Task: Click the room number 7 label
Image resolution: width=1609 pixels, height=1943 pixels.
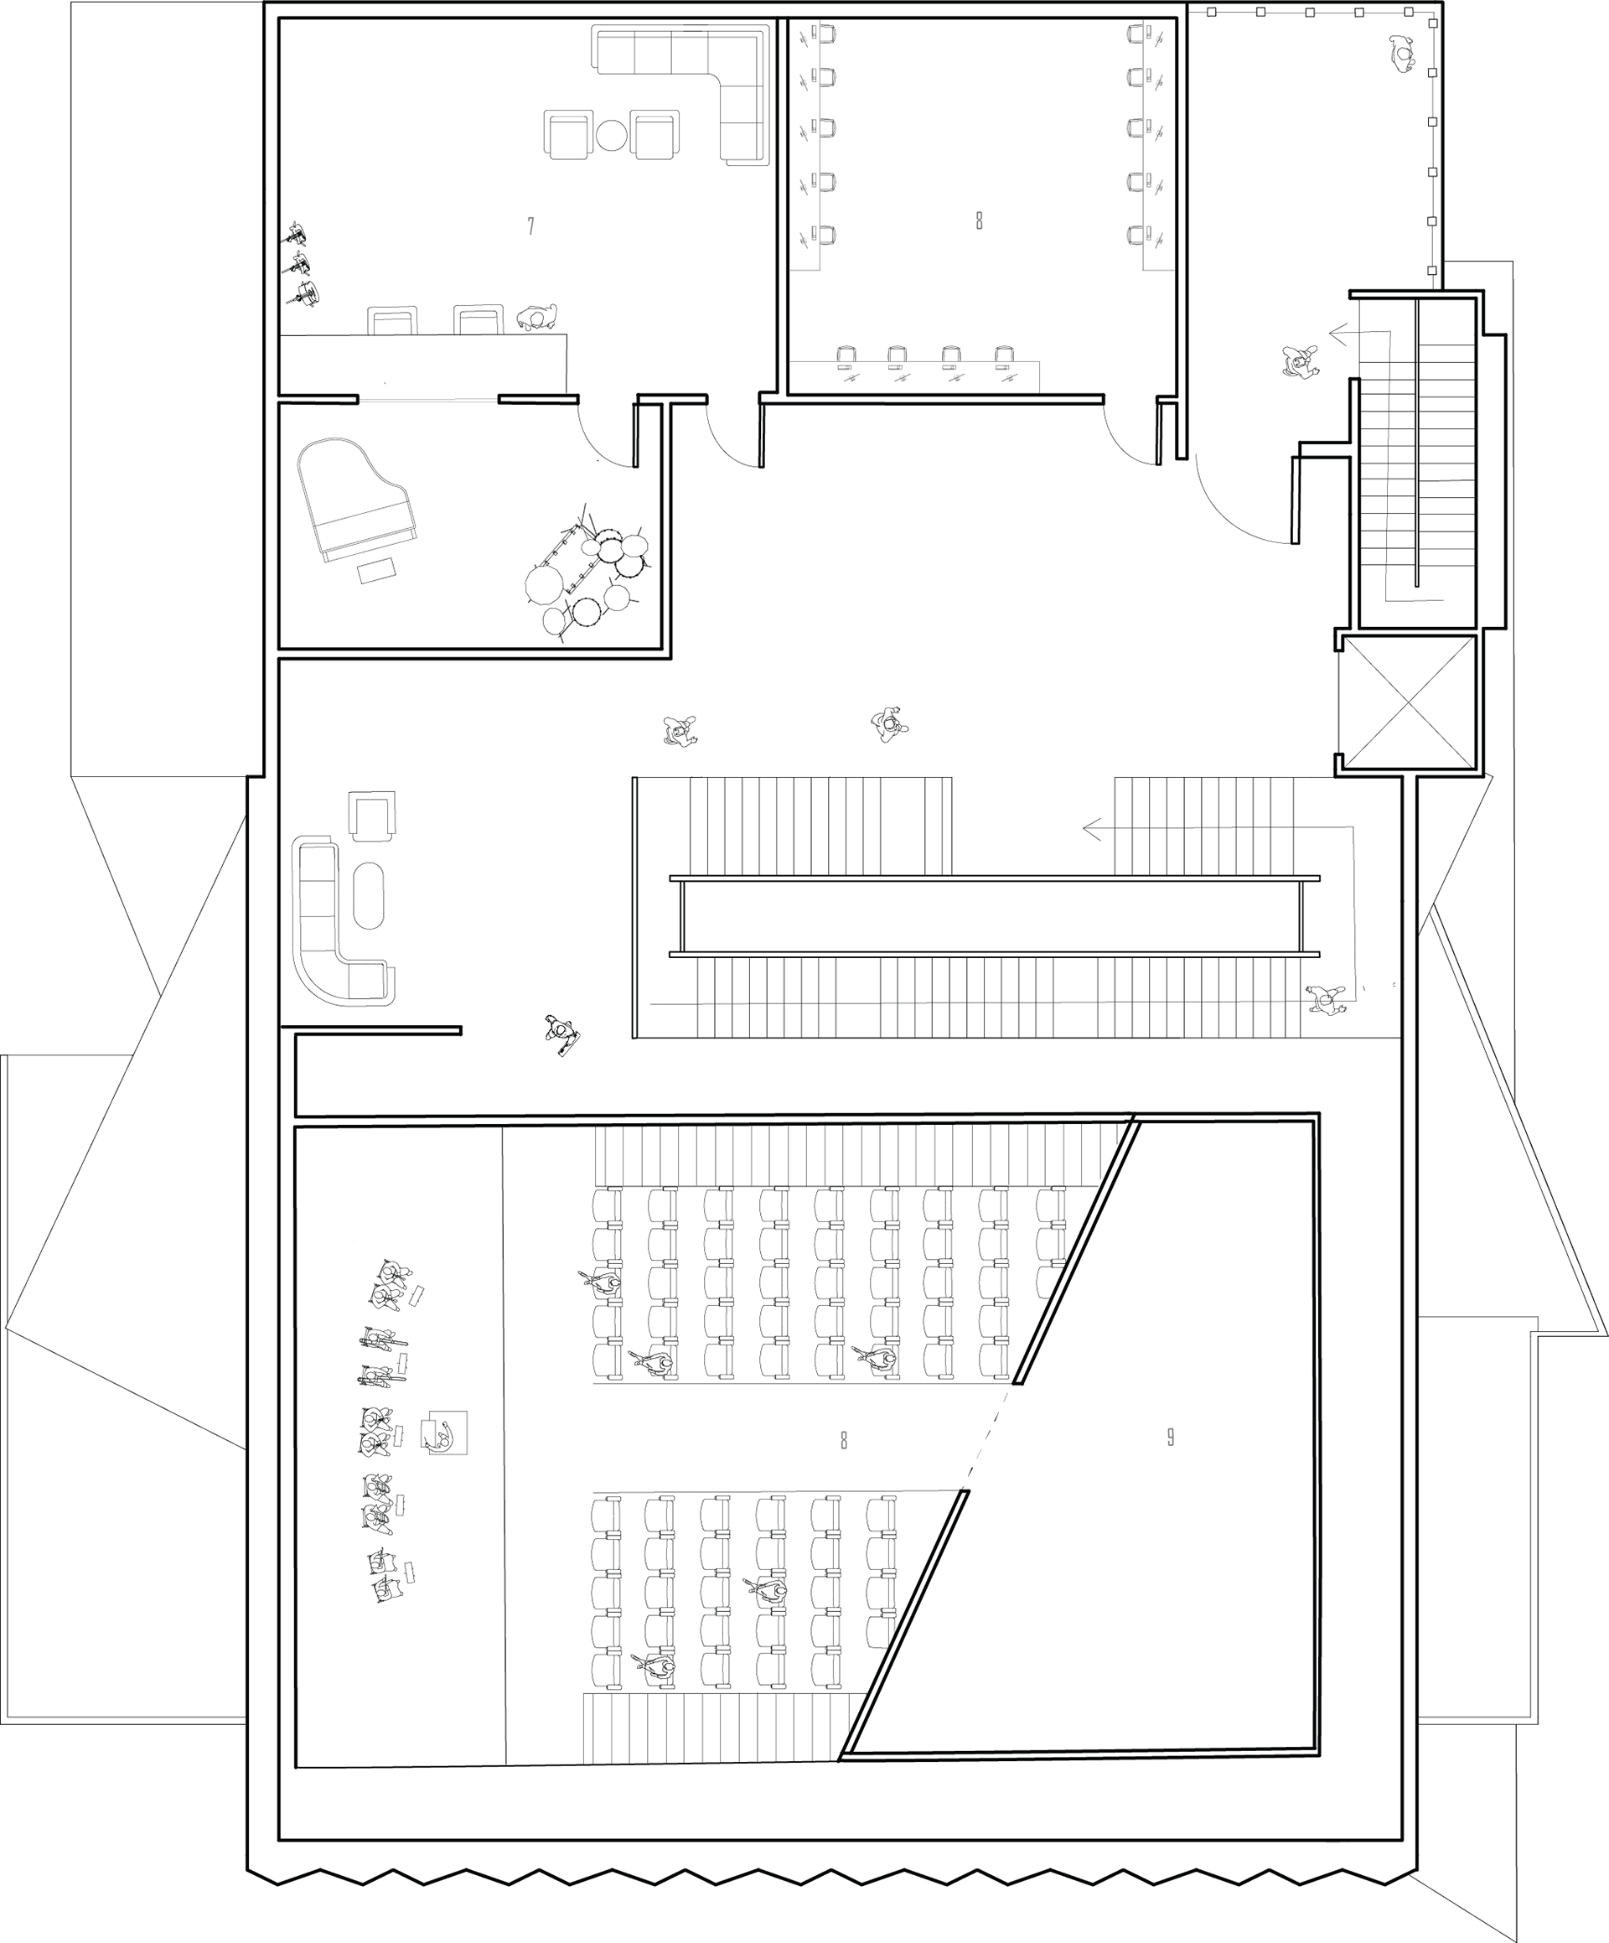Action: point(530,225)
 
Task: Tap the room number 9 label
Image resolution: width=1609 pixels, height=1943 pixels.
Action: point(1171,1437)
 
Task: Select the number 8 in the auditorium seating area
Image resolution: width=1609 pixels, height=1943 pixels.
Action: point(844,1440)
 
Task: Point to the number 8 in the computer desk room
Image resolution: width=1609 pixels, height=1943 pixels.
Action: point(979,220)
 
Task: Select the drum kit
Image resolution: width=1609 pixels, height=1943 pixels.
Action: point(587,573)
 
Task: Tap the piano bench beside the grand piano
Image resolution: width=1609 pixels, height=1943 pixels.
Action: point(377,570)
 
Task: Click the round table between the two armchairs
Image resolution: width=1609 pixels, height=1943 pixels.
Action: point(612,136)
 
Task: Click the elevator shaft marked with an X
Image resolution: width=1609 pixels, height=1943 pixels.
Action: point(1407,702)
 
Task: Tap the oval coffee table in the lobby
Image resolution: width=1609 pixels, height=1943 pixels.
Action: point(370,895)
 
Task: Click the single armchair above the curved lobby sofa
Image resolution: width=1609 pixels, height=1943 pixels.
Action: point(372,815)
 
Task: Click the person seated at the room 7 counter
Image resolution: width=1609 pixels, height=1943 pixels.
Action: point(537,318)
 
